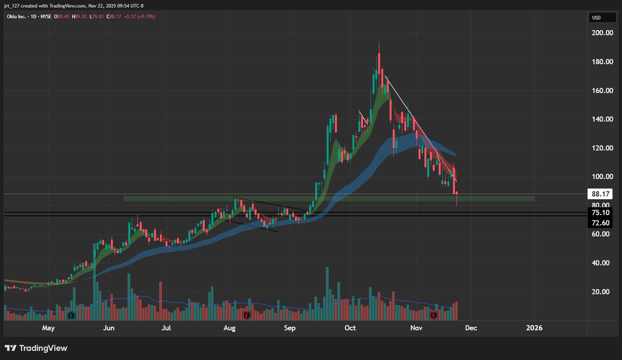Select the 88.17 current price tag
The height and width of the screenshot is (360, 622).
tap(600, 194)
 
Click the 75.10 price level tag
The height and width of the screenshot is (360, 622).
tap(600, 212)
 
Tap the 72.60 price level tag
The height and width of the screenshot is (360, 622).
tap(600, 223)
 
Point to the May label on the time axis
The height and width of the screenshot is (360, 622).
tap(48, 328)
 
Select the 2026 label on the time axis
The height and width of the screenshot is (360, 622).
tap(534, 328)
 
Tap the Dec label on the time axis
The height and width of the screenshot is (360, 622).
tap(471, 328)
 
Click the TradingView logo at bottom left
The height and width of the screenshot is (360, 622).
tap(36, 348)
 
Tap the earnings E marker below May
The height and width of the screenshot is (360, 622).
tap(72, 315)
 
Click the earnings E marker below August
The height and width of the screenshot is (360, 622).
tap(247, 315)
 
